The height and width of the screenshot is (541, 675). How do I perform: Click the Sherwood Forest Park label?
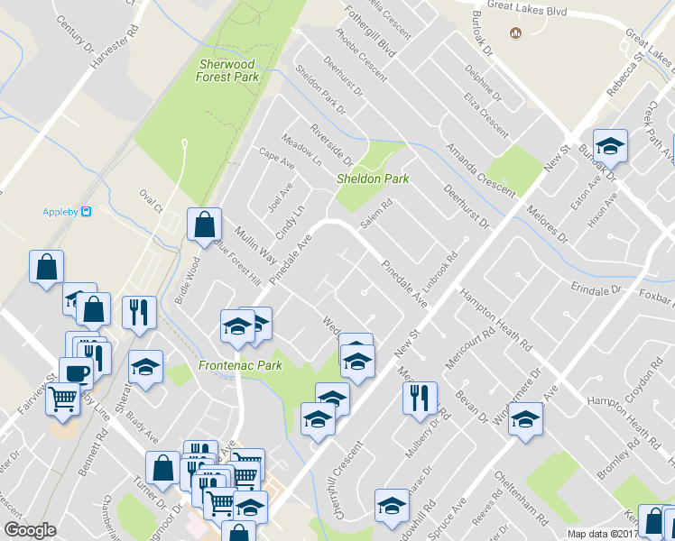(x=227, y=71)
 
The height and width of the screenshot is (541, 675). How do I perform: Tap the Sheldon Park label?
(x=373, y=179)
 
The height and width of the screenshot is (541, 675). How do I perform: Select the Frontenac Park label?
(x=240, y=365)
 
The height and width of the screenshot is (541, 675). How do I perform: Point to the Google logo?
(x=30, y=530)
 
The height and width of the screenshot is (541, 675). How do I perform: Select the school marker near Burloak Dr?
(x=610, y=146)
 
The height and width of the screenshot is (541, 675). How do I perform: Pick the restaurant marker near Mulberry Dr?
(x=420, y=397)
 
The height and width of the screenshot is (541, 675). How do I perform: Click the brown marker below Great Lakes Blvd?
(x=516, y=33)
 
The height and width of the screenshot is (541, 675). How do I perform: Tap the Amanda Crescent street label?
(x=480, y=169)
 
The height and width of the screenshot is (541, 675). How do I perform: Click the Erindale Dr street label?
(x=597, y=289)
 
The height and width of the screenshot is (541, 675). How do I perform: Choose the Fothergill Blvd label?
(x=369, y=32)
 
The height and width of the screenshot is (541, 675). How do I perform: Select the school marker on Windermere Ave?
(x=525, y=420)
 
